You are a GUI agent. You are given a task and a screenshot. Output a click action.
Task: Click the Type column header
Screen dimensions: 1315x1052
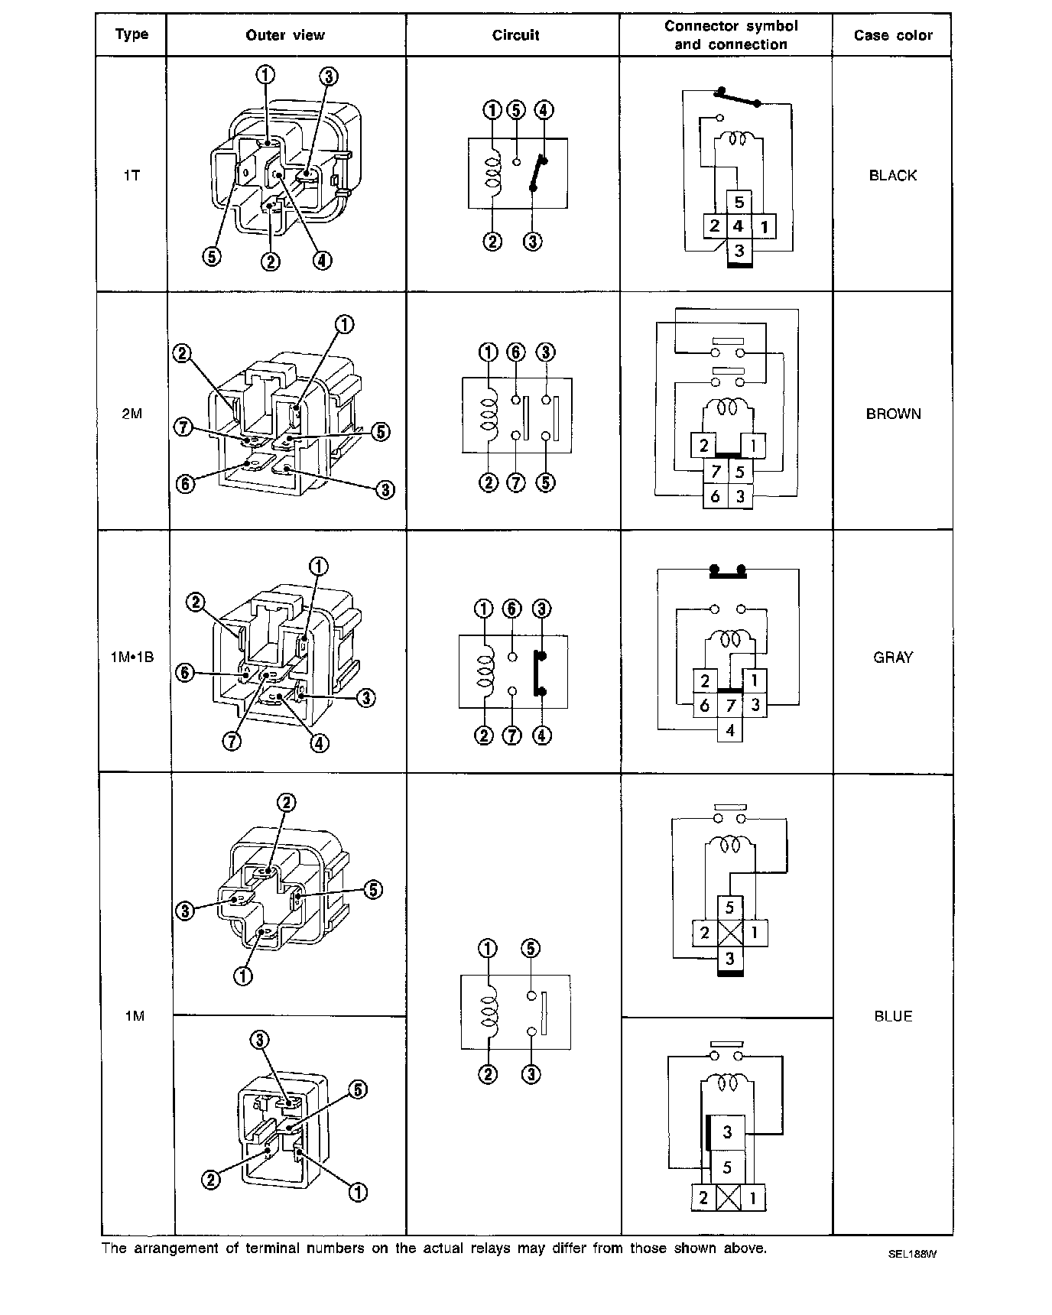tap(131, 34)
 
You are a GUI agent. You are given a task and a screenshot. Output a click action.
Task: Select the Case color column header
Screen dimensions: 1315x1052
tap(893, 35)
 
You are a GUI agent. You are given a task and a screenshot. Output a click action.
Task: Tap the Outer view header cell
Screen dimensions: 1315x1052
tap(285, 35)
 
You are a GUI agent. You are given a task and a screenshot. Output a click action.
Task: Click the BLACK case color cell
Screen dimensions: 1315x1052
tap(892, 175)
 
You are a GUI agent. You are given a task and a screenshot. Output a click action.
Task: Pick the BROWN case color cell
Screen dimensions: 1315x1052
tap(893, 414)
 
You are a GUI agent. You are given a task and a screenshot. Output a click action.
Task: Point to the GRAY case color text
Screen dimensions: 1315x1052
tap(893, 657)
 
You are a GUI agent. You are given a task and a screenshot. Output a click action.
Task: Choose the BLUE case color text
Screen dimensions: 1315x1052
tap(893, 1016)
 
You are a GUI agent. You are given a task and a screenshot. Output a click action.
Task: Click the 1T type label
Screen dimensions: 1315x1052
tap(131, 175)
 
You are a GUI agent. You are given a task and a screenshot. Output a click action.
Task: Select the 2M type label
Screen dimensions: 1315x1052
tap(131, 414)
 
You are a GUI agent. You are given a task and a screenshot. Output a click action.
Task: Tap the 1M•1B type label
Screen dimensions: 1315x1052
tap(132, 657)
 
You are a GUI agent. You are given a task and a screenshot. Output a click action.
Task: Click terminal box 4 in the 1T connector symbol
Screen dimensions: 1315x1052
tap(739, 226)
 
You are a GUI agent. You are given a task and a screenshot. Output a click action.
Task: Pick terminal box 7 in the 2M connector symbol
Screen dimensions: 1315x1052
tap(716, 472)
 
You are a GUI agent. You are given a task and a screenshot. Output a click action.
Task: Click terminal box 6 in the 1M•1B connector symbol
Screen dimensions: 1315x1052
tap(705, 706)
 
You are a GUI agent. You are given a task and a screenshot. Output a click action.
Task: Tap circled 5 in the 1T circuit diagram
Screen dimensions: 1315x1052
tap(517, 109)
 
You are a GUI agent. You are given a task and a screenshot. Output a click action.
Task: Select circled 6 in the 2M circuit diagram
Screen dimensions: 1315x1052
tap(517, 352)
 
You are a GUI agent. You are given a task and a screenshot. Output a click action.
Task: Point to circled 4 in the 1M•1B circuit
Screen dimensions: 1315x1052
tap(541, 735)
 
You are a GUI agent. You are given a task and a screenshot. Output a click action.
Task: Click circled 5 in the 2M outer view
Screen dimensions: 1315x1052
tap(381, 432)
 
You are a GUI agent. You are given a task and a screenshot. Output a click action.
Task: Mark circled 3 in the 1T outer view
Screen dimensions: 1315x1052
tap(329, 76)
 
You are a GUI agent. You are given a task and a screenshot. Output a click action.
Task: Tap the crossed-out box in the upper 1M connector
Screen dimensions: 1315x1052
tap(729, 933)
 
